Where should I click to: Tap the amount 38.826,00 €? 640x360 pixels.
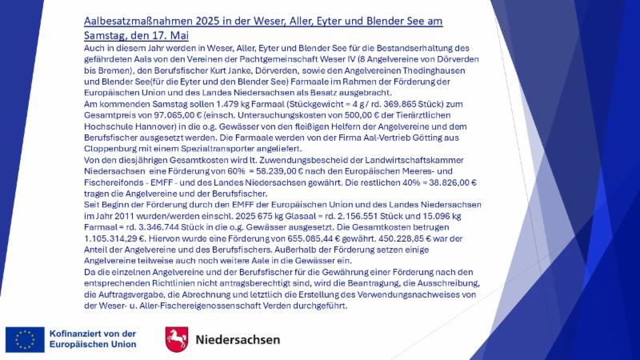[406, 182]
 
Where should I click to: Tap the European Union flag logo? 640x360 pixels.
[25, 338]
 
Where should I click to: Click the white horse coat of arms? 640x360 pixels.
[177, 338]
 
